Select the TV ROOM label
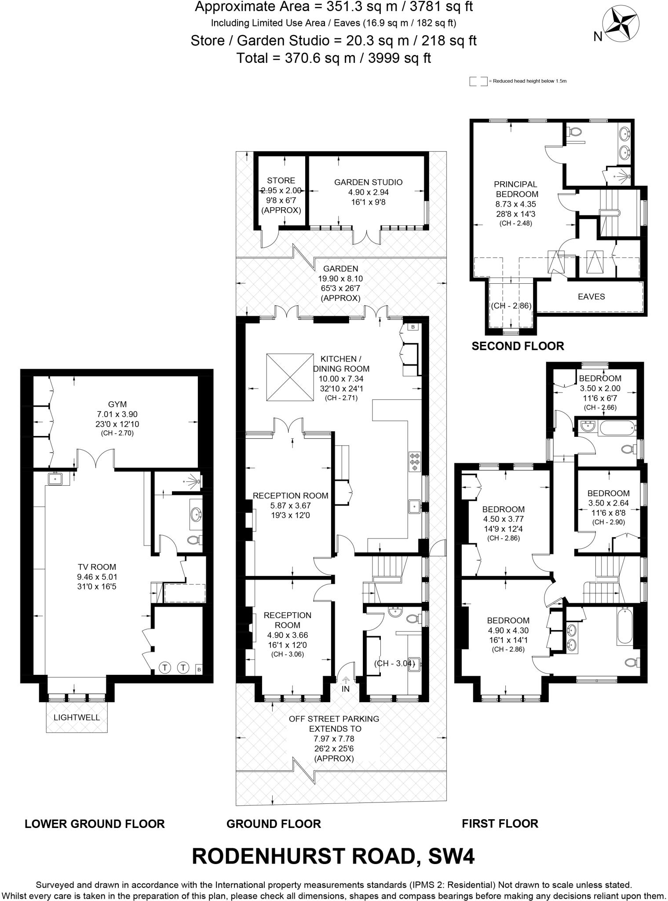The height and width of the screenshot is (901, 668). point(97,567)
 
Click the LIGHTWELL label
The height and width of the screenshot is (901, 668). point(77,717)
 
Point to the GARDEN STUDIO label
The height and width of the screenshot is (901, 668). point(368,182)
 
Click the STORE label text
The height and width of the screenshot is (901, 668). point(281,180)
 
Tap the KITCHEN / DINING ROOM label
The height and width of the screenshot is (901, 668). point(341,364)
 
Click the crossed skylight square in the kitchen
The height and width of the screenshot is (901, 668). point(290,377)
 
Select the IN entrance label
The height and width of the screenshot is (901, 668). point(346,689)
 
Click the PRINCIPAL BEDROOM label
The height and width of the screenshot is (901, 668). point(516,189)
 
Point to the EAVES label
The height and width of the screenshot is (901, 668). point(591,297)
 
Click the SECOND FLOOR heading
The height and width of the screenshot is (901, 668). point(518,346)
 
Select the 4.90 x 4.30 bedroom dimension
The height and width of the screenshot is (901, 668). point(508,630)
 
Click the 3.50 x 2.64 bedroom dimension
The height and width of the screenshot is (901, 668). point(608,503)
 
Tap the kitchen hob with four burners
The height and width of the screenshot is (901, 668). point(415,462)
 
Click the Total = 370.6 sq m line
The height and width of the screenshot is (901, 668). point(333,58)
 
